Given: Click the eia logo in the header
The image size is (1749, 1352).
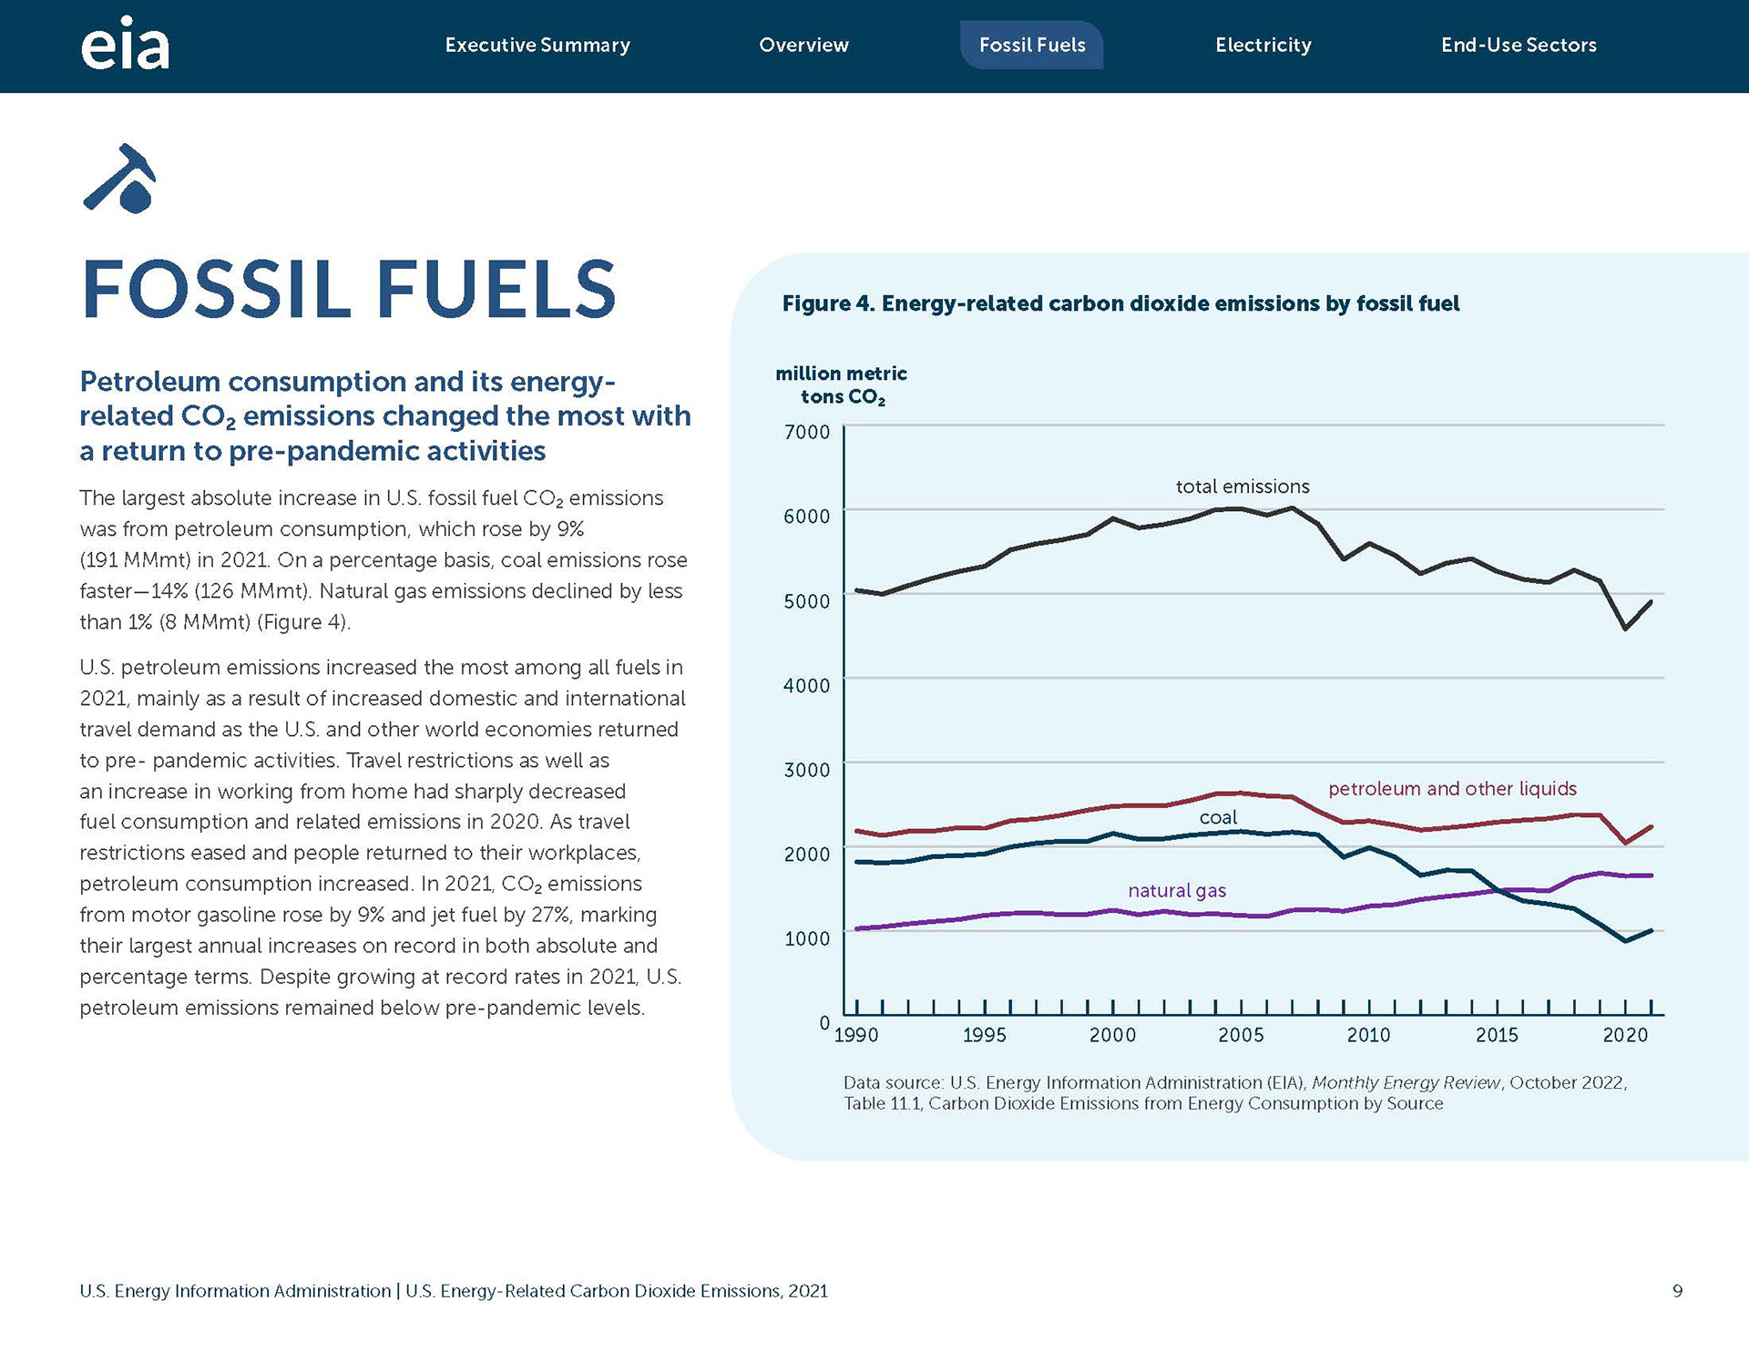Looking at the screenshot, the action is [x=125, y=44].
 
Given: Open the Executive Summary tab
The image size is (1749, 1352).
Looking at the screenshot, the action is [x=537, y=45].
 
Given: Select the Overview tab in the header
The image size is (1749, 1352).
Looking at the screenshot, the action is [x=803, y=45].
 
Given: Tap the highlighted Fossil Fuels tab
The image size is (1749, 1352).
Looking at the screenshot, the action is [x=1032, y=45].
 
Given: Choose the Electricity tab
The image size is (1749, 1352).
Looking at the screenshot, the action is [x=1263, y=45].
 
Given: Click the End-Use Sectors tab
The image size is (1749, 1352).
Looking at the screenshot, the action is [x=1519, y=45].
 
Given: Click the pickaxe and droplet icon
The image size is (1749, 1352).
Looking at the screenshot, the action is [x=120, y=178].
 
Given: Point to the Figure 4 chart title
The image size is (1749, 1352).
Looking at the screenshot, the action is [x=1120, y=303].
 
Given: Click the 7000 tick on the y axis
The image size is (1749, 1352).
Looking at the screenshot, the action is [x=807, y=432].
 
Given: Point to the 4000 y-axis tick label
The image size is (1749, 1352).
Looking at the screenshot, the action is [x=807, y=685].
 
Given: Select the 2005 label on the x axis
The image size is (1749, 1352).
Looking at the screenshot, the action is [x=1241, y=1035].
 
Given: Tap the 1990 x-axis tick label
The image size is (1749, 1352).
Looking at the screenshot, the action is [x=856, y=1035].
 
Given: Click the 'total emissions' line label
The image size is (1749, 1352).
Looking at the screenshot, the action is [x=1243, y=487].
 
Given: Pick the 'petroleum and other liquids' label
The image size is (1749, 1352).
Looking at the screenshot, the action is [x=1452, y=789].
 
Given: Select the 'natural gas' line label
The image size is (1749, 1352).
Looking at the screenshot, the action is [x=1177, y=891].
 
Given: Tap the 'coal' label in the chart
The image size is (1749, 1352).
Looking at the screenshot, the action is [x=1218, y=818].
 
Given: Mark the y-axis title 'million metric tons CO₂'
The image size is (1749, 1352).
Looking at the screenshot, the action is [x=841, y=385].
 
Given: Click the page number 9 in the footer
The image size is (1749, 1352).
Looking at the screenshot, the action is [x=1677, y=1291].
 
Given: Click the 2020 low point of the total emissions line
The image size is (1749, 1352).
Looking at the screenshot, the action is [x=1625, y=629].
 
